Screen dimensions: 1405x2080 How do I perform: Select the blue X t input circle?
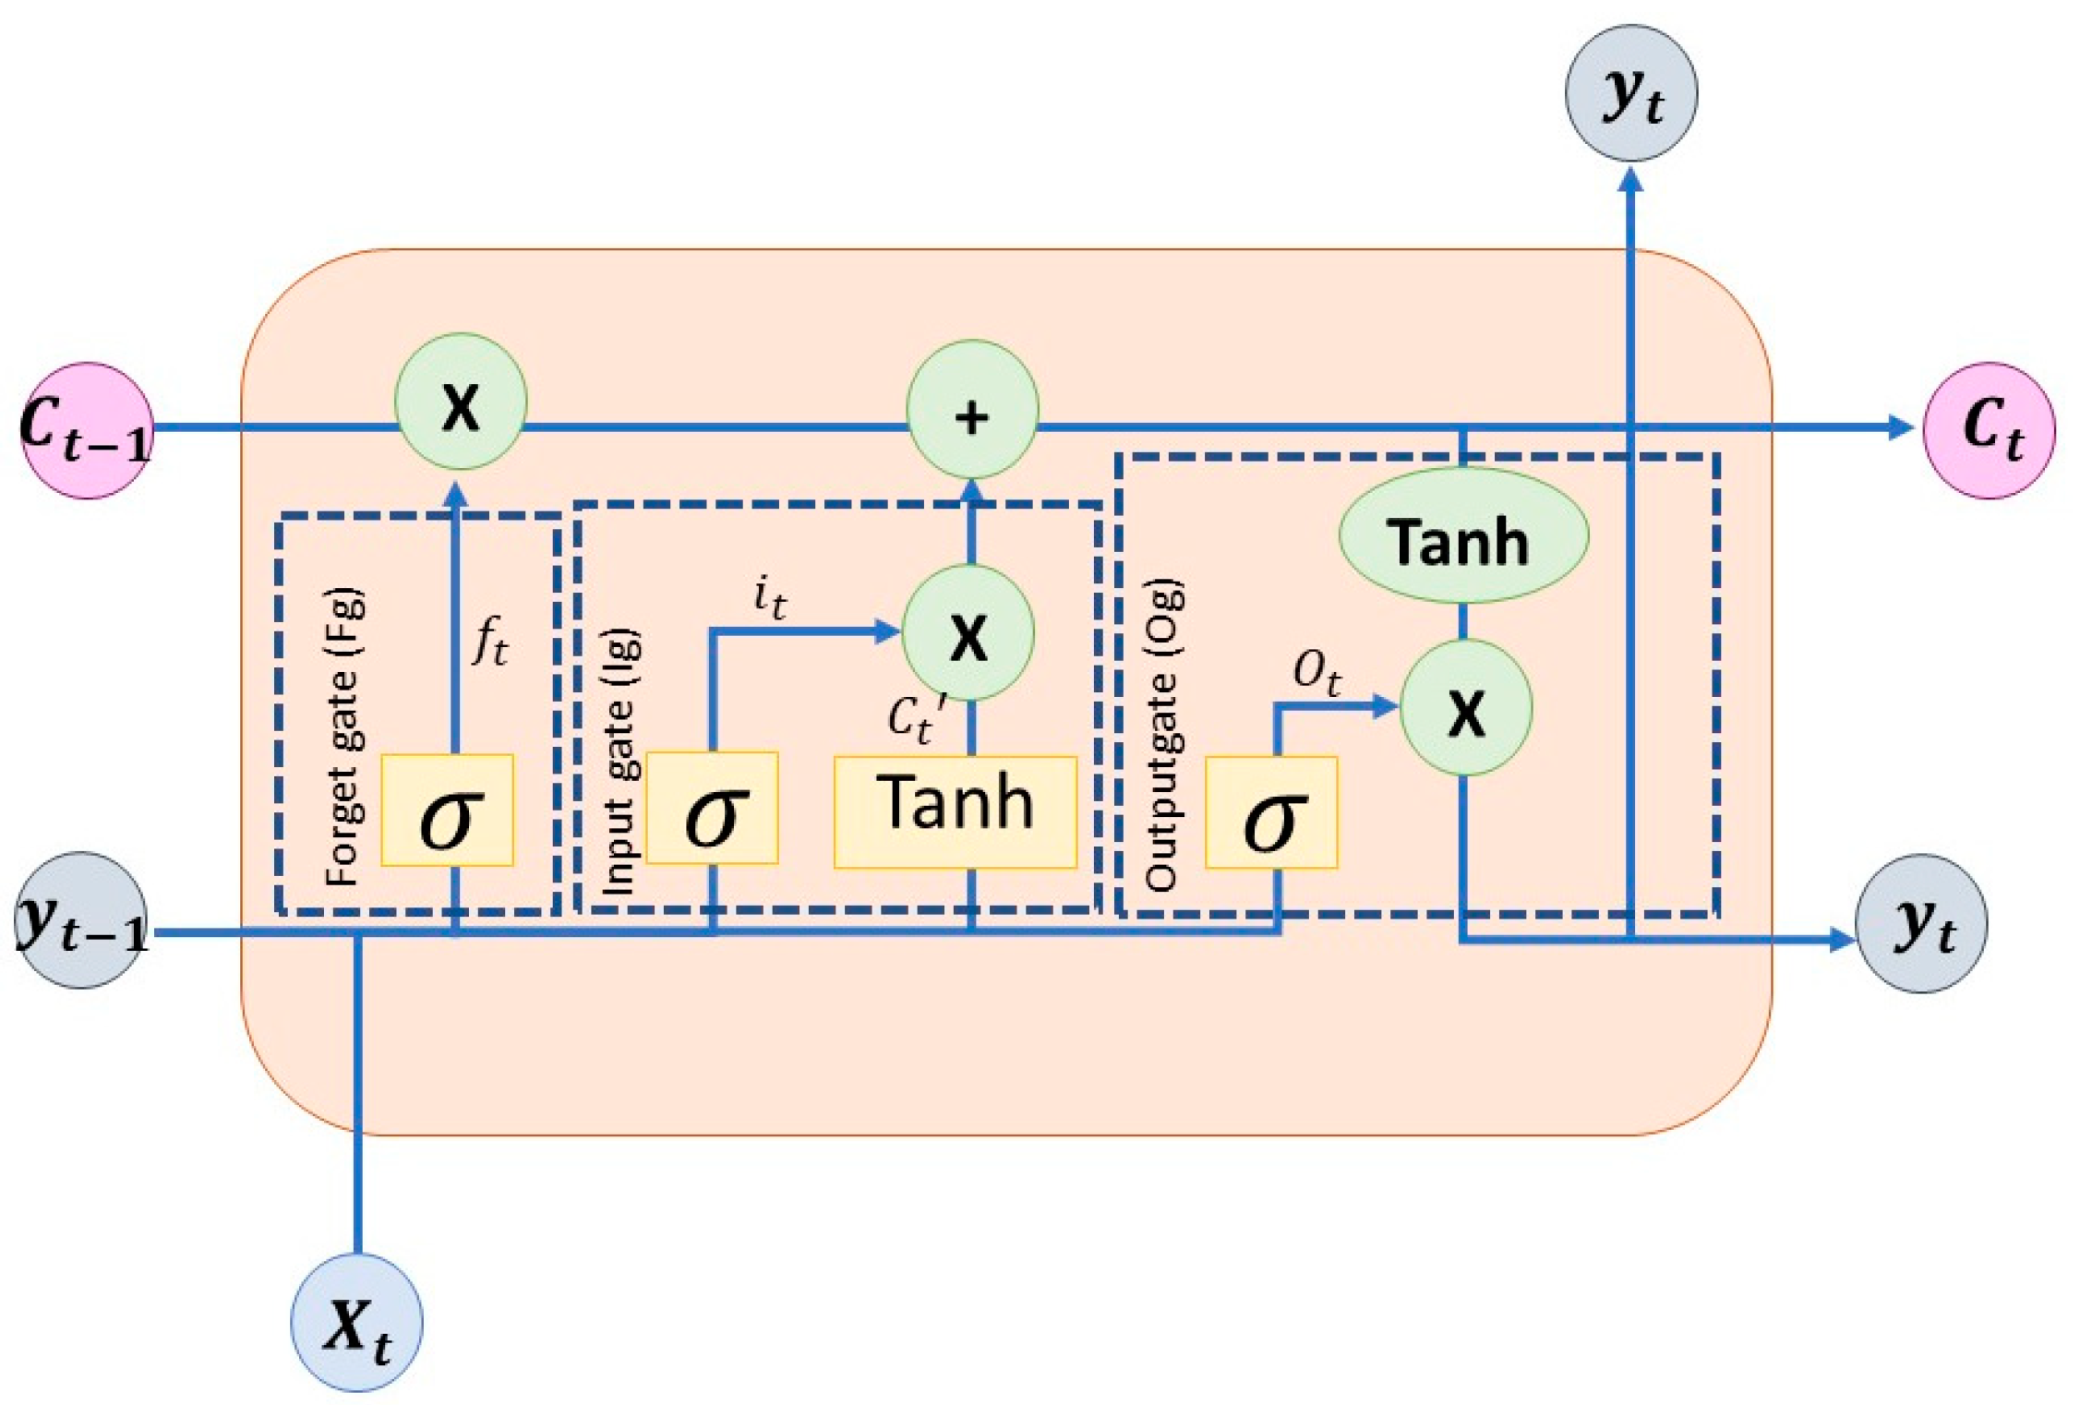pyautogui.click(x=356, y=1322)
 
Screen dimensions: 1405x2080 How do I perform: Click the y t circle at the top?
pyautogui.click(x=1630, y=93)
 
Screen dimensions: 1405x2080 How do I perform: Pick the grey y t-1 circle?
pyautogui.click(x=81, y=920)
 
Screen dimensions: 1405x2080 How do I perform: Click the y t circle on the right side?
pyautogui.click(x=1921, y=923)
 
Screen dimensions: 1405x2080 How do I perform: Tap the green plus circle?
pyautogui.click(x=972, y=410)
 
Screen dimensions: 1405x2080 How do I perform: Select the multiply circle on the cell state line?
pyautogui.click(x=461, y=402)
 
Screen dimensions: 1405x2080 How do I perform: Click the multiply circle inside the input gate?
pyautogui.click(x=968, y=633)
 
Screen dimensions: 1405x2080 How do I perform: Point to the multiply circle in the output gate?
pyautogui.click(x=1466, y=707)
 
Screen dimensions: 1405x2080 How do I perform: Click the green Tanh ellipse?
pyautogui.click(x=1463, y=536)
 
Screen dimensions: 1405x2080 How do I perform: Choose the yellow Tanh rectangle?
pyautogui.click(x=955, y=812)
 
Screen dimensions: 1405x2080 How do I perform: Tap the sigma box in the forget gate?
pyautogui.click(x=448, y=811)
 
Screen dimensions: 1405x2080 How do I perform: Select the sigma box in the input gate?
pyautogui.click(x=712, y=809)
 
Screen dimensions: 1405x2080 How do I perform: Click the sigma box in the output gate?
pyautogui.click(x=1271, y=813)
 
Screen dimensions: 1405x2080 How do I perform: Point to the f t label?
pyautogui.click(x=490, y=641)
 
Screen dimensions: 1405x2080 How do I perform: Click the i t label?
pyautogui.click(x=769, y=596)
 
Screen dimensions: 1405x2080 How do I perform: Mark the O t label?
pyautogui.click(x=1316, y=672)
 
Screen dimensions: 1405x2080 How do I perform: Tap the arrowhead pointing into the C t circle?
pyautogui.click(x=1899, y=427)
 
